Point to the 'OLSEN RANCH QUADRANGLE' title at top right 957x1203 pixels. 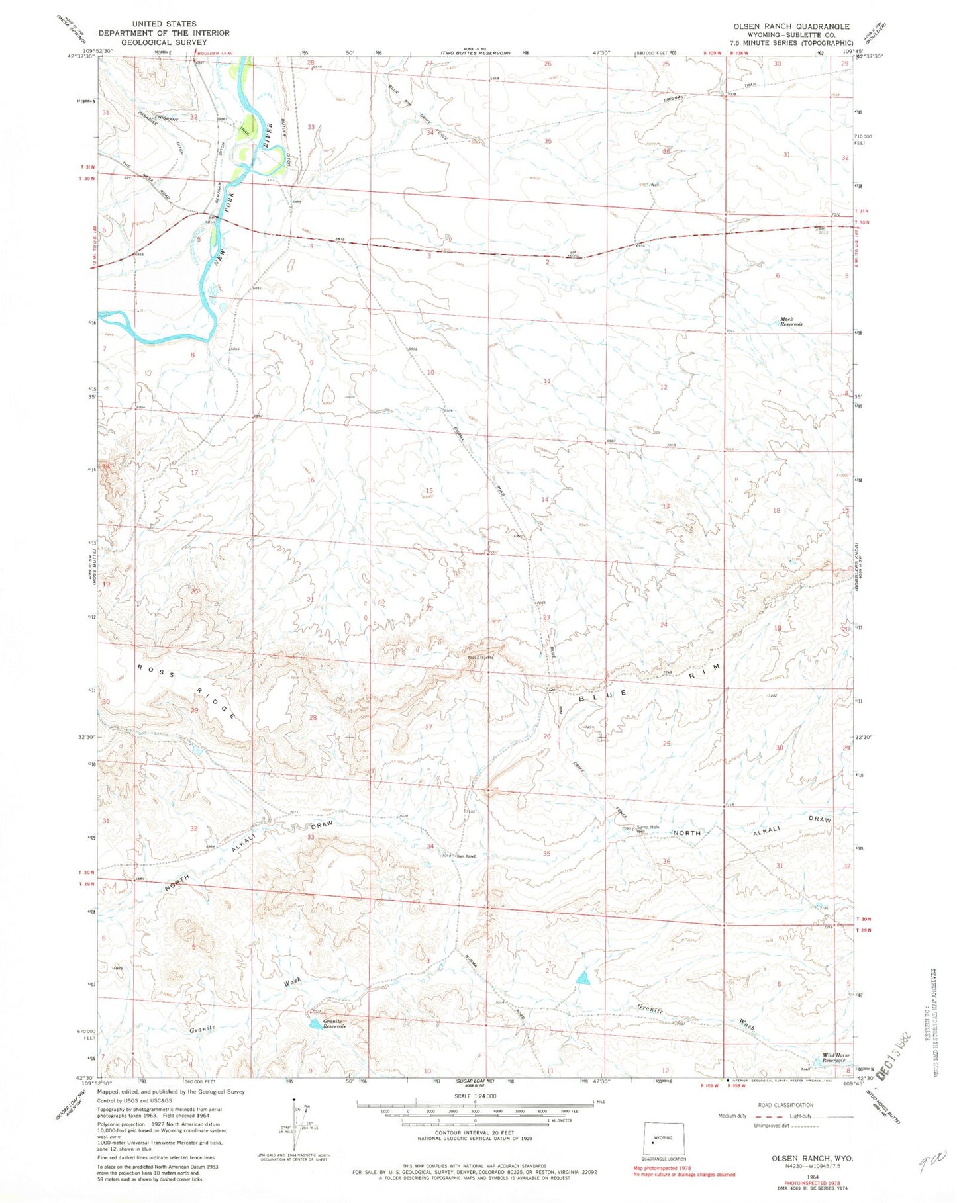coord(791,26)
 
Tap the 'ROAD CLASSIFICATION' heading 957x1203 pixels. coord(785,1104)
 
